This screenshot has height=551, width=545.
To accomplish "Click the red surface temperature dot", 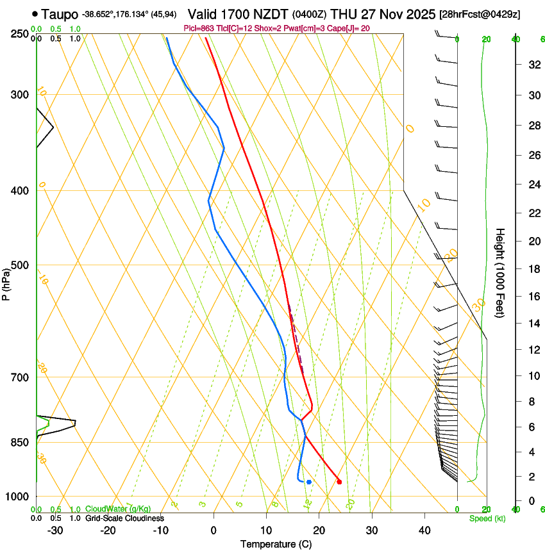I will click(x=339, y=482).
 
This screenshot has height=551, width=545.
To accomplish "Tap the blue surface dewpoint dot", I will click(x=309, y=482).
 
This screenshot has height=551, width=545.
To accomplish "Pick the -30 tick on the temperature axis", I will click(x=55, y=530).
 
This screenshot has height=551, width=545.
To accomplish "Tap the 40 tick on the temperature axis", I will click(x=424, y=530).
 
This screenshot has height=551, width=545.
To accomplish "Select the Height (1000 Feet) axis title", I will click(x=501, y=273).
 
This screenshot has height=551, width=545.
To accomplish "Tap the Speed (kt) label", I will click(x=487, y=518).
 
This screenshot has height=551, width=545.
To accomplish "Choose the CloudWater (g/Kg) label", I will click(x=118, y=509).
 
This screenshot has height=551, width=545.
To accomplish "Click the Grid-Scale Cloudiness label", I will click(x=124, y=518).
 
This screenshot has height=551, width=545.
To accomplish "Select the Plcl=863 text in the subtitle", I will click(x=201, y=28).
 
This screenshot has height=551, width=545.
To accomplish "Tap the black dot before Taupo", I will click(x=35, y=13).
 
